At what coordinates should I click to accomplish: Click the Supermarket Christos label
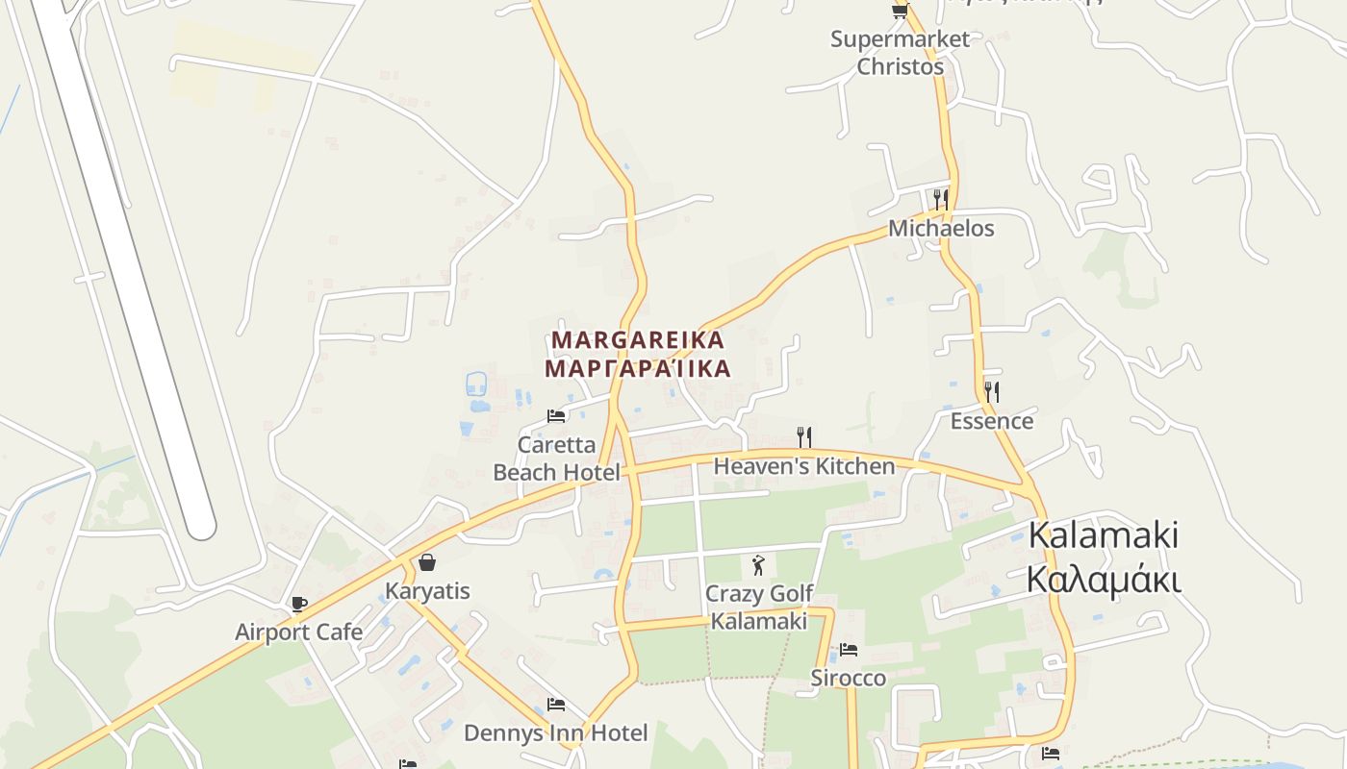(x=900, y=53)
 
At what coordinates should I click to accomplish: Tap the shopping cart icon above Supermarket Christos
(x=900, y=11)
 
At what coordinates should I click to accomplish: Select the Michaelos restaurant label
(x=941, y=229)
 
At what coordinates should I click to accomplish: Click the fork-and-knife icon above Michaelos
(x=941, y=199)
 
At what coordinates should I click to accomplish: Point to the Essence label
(x=992, y=421)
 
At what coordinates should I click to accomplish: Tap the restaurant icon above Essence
(x=992, y=391)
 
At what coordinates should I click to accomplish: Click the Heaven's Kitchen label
(x=803, y=466)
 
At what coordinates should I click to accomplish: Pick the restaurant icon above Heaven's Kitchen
(x=804, y=437)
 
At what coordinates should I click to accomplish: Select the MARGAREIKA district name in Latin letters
(x=637, y=340)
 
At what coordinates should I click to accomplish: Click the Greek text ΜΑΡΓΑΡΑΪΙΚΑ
(x=637, y=368)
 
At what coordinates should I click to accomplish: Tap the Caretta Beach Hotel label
(x=556, y=459)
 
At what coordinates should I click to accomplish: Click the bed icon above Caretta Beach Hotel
(x=556, y=415)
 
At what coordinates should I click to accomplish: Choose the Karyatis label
(x=427, y=590)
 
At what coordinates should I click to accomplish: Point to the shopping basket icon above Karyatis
(x=427, y=562)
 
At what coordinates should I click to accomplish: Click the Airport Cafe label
(x=299, y=632)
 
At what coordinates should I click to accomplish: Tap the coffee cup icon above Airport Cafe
(x=299, y=604)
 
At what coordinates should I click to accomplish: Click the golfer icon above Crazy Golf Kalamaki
(x=759, y=565)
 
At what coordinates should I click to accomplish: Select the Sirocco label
(x=848, y=678)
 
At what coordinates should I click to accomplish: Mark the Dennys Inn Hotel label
(x=555, y=733)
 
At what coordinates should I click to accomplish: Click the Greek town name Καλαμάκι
(x=1104, y=580)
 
